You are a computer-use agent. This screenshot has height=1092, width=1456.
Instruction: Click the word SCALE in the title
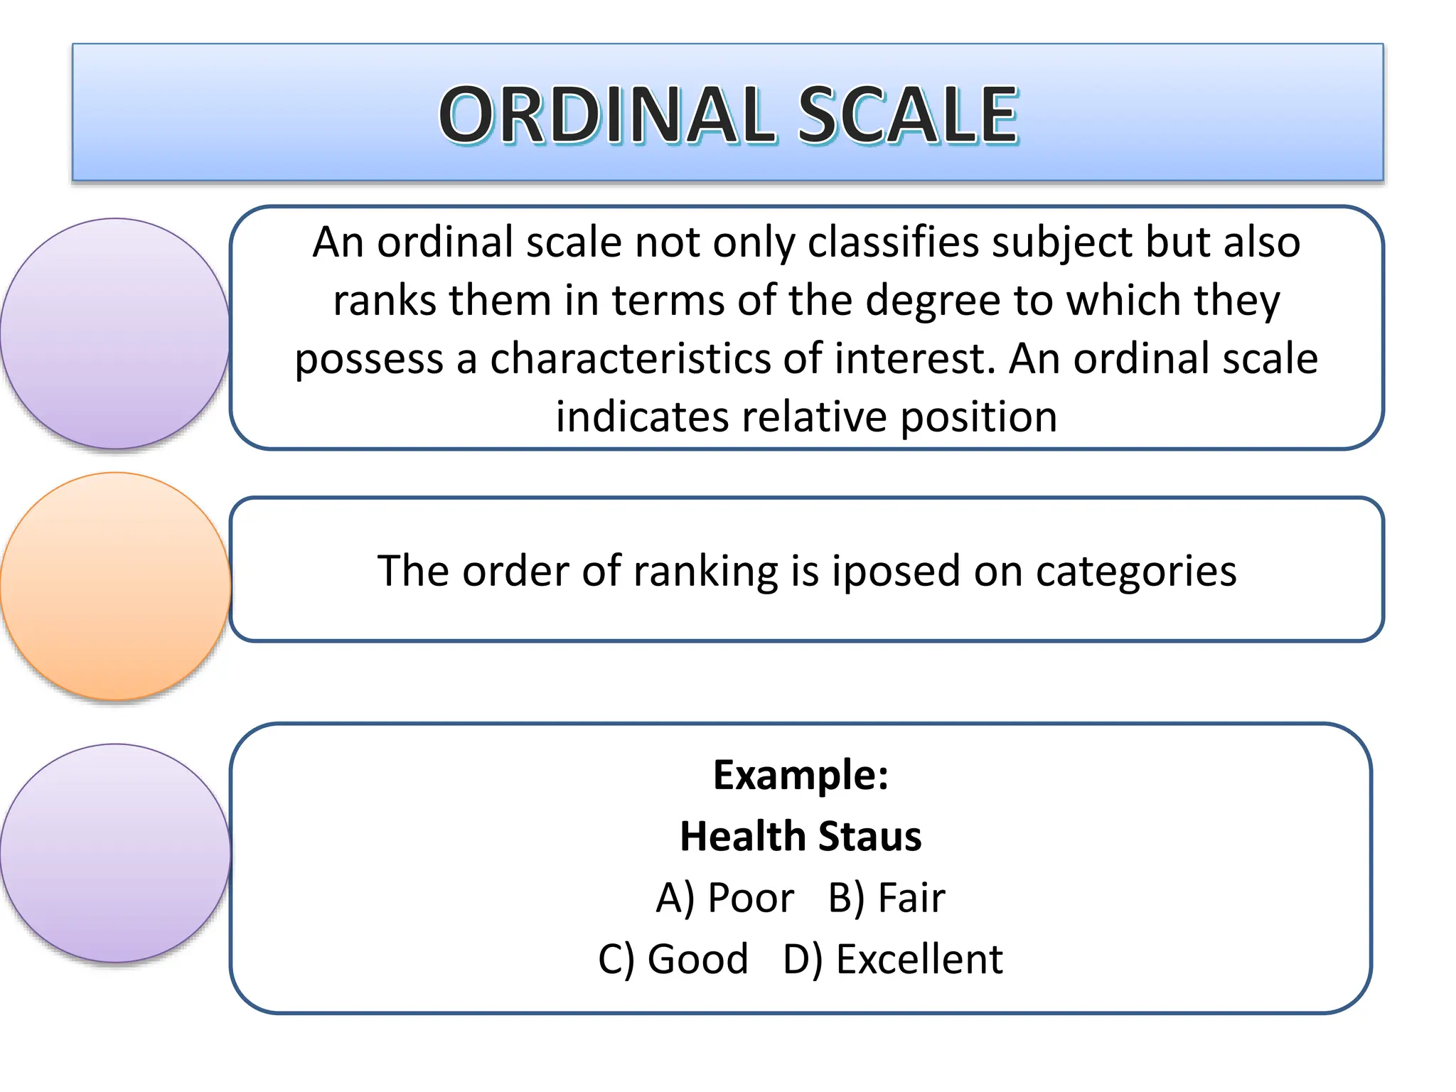(x=908, y=114)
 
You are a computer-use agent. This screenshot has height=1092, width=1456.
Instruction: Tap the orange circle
(x=116, y=586)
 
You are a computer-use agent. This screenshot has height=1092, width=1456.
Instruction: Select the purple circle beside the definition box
(x=116, y=333)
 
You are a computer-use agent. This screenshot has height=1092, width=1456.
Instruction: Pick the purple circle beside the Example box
(x=116, y=852)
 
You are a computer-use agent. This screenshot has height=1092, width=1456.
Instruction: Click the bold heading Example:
(x=801, y=774)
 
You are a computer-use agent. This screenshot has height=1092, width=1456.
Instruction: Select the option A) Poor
(x=724, y=898)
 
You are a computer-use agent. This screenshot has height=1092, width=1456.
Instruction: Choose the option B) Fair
(x=887, y=898)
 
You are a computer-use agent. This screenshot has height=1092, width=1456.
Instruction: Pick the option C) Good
(x=673, y=959)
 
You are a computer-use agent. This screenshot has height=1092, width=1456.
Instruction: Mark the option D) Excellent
(x=892, y=959)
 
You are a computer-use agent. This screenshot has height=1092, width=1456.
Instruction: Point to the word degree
(x=933, y=300)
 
